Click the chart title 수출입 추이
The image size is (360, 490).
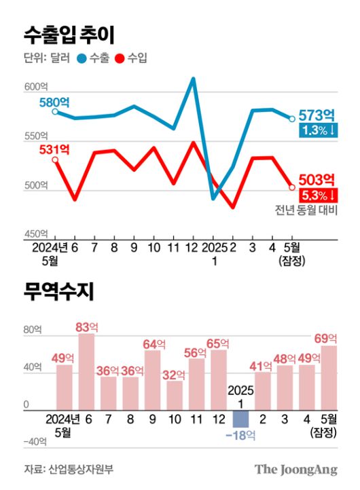click(x=68, y=33)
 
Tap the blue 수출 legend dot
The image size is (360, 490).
click(x=82, y=58)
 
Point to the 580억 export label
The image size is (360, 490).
click(x=54, y=102)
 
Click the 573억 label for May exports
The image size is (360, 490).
click(x=317, y=114)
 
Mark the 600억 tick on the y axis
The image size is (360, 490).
click(x=35, y=86)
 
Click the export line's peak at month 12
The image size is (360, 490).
click(x=194, y=79)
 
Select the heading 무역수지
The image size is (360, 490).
click(x=58, y=293)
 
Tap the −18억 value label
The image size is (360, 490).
click(x=240, y=435)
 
